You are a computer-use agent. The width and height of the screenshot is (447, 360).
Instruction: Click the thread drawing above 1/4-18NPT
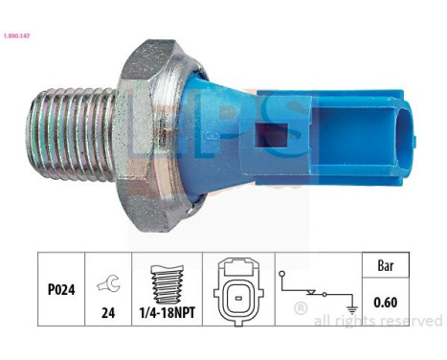[x=173, y=281]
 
